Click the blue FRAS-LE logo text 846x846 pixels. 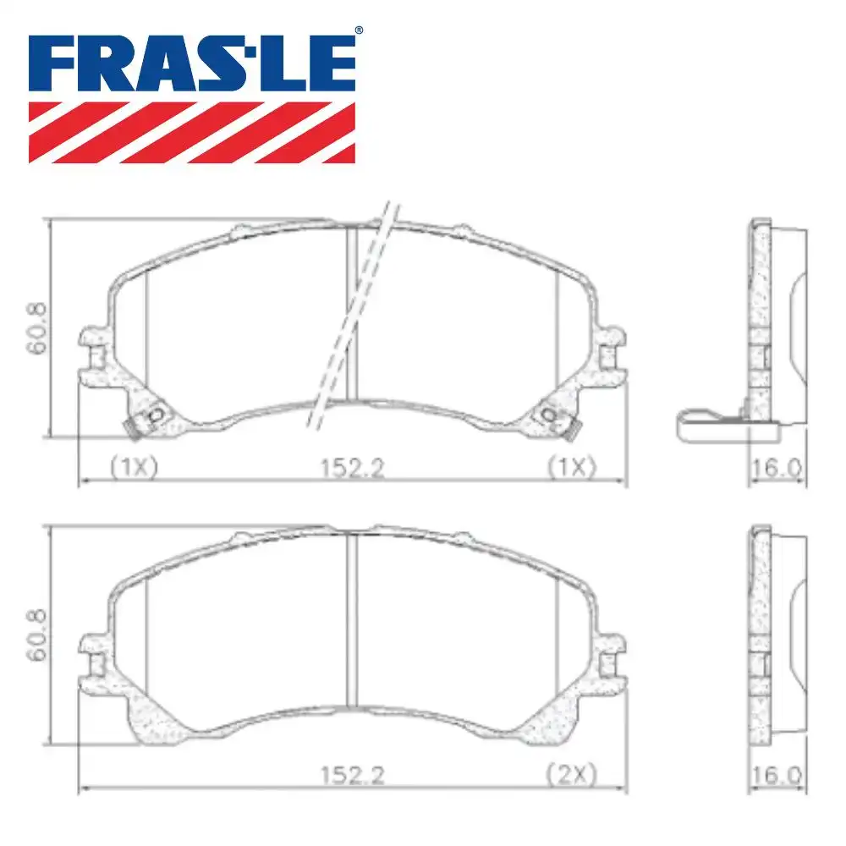[x=193, y=64]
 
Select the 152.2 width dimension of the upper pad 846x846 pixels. [x=352, y=467]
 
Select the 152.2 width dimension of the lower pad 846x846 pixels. [x=352, y=774]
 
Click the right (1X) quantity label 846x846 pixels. [x=572, y=467]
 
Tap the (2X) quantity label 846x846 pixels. [x=572, y=774]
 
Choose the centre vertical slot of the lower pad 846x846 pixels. [x=353, y=634]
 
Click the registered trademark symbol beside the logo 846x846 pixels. [x=358, y=31]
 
